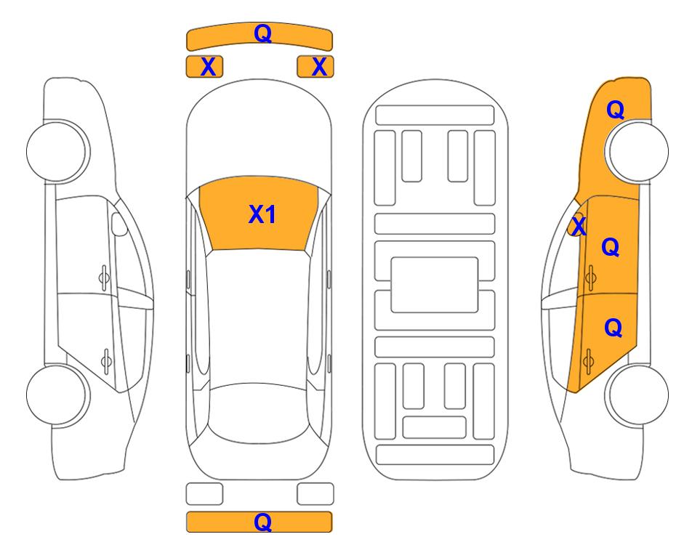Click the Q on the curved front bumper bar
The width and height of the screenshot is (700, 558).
point(262,33)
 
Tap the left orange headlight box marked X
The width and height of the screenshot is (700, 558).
point(204,67)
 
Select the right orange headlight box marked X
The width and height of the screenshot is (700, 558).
point(315,67)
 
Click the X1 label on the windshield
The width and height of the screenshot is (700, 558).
point(262,214)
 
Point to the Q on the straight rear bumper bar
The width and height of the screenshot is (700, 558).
point(262,522)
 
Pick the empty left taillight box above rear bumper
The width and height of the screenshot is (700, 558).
point(204,494)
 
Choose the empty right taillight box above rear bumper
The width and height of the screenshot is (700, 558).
point(315,494)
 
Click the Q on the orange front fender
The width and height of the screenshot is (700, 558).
point(615,110)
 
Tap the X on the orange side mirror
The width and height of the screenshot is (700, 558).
point(579,225)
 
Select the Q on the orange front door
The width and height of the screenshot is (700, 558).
point(611,247)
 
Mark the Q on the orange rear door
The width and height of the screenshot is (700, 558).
point(613,328)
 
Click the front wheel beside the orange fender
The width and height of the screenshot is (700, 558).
point(637,151)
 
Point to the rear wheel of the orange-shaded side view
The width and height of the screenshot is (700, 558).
point(637,395)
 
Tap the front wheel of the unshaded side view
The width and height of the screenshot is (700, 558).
point(58,151)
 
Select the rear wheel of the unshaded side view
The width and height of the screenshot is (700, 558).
point(58,395)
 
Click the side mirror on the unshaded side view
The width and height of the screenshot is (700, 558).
point(119,224)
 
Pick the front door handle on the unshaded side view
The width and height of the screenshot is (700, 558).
point(104,278)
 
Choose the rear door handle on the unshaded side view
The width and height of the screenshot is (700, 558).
point(106,360)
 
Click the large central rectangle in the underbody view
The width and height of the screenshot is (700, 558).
point(435,285)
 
